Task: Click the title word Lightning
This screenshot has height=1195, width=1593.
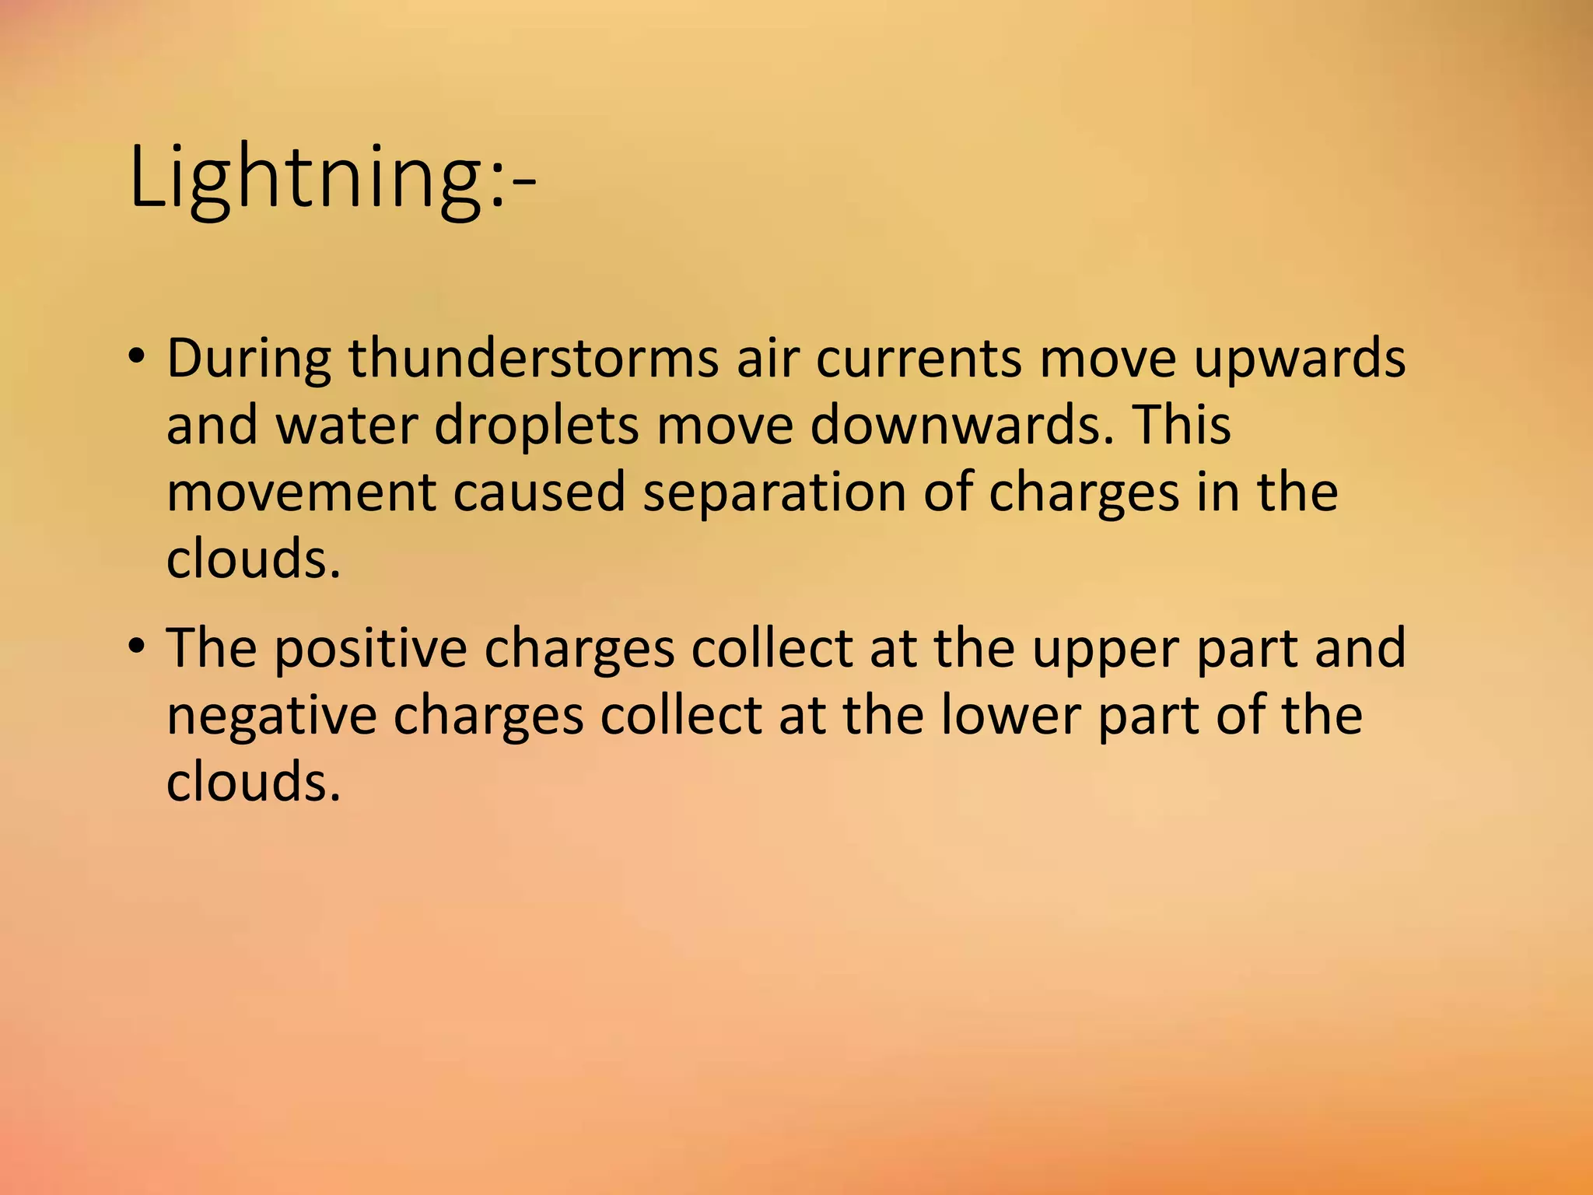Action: coord(307,177)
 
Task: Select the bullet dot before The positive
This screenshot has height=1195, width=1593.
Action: coord(138,647)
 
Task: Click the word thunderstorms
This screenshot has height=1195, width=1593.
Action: coord(534,359)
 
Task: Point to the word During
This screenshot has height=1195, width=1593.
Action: coord(248,359)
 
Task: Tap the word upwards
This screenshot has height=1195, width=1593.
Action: coord(1300,359)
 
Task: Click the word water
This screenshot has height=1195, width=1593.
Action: coord(346,426)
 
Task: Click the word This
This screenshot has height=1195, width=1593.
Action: coord(1182,426)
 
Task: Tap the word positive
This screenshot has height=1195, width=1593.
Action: coord(370,648)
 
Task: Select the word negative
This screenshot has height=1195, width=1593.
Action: coord(271,715)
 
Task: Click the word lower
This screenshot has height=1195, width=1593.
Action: coord(1010,715)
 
